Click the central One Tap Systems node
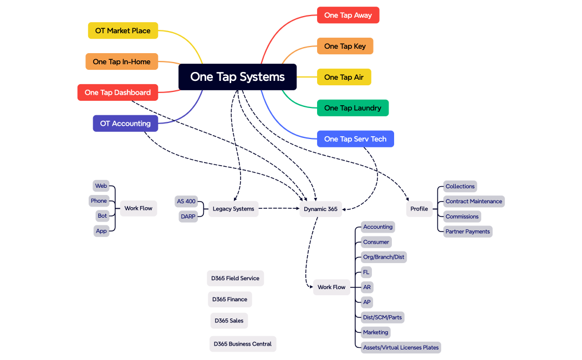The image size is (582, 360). point(237,77)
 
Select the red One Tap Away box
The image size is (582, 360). point(348,15)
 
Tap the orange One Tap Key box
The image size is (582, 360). point(345,46)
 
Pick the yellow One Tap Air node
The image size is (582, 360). point(344,77)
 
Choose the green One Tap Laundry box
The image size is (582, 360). point(353,108)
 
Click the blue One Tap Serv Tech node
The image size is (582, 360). point(355,139)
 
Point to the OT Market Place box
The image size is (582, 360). point(122,30)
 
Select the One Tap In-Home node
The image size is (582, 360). point(121,61)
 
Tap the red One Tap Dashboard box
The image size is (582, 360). point(118,92)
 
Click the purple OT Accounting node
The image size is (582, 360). point(125,124)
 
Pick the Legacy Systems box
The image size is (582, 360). point(233,209)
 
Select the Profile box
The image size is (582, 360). point(419,209)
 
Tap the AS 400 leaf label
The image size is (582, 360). point(186,202)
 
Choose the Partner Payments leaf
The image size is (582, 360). point(468,232)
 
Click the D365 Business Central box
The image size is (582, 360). point(243,344)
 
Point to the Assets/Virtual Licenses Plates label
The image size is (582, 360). point(401,348)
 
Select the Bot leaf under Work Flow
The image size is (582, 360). point(102,216)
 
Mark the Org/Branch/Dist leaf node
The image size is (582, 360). point(384,257)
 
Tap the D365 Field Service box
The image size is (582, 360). point(235,278)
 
